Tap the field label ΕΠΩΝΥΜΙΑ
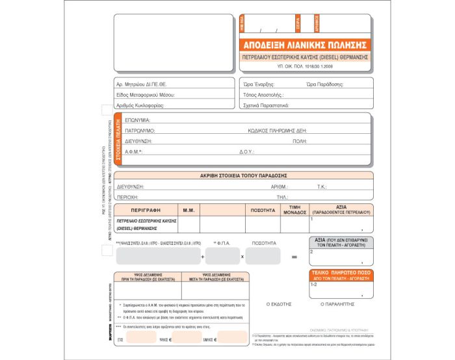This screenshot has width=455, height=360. (138, 120)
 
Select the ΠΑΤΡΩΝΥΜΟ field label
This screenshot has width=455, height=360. (140, 131)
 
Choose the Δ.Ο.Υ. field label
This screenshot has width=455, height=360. (246, 151)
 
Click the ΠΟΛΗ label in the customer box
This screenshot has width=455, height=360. (300, 141)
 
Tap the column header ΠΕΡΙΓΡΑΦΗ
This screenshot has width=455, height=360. (146, 210)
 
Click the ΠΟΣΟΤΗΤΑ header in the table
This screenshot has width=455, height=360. (263, 210)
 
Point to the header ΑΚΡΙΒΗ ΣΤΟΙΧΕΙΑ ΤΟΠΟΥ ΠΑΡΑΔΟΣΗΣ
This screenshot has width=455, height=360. (244, 175)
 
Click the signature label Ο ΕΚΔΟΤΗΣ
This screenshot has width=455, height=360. (279, 303)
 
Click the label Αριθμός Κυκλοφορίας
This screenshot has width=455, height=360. (140, 105)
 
